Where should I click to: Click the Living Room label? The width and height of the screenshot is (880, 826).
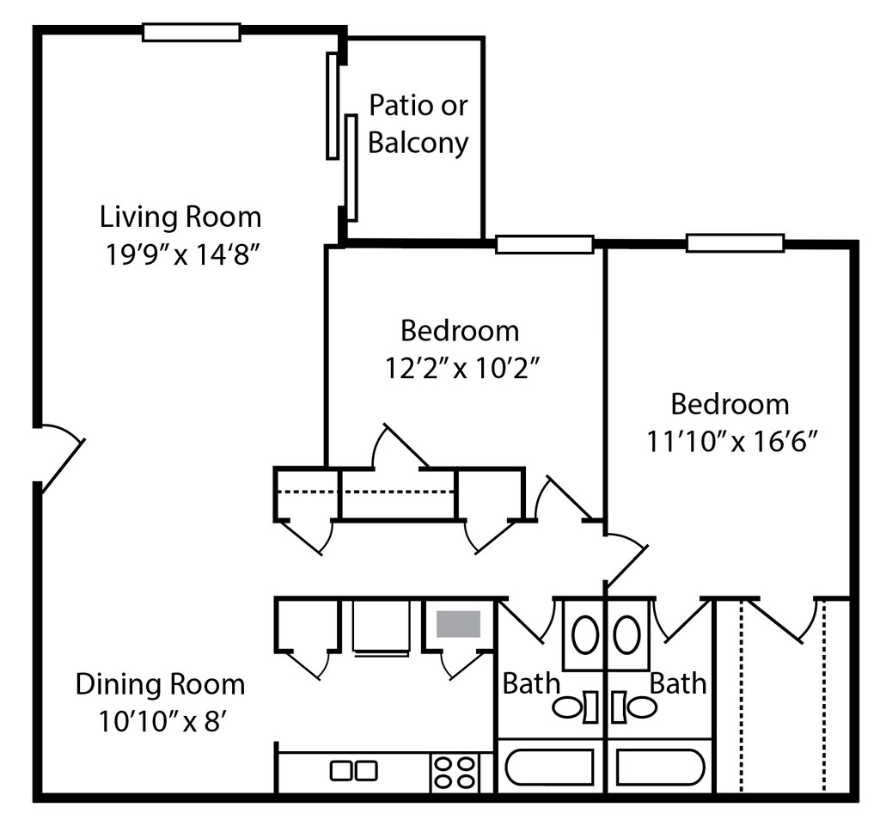click(x=180, y=217)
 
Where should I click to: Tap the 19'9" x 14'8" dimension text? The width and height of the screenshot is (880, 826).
click(x=182, y=255)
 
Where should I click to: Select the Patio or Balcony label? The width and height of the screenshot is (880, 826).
click(x=419, y=124)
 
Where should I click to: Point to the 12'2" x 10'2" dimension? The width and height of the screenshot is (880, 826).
click(x=461, y=369)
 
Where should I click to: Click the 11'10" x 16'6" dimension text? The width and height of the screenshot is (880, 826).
click(x=731, y=441)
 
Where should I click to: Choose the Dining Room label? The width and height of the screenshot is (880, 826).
click(x=160, y=684)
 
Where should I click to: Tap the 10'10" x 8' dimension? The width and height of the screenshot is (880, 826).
click(x=162, y=722)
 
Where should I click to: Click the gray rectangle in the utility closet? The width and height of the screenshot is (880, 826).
click(x=459, y=624)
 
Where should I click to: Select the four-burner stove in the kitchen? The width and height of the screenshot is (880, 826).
click(x=454, y=773)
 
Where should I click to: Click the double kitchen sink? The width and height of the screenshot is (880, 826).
click(x=353, y=770)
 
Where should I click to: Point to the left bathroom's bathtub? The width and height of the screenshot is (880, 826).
click(x=550, y=767)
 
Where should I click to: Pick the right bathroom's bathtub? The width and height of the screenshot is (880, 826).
click(x=660, y=767)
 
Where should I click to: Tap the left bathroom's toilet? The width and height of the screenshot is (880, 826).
click(x=575, y=707)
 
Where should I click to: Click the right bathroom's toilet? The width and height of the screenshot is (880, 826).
click(x=634, y=707)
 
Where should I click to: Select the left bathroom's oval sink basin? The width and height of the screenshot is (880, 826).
click(x=584, y=634)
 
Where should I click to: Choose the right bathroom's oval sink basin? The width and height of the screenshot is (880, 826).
click(x=626, y=634)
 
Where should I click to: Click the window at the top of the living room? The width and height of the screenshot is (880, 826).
click(x=192, y=32)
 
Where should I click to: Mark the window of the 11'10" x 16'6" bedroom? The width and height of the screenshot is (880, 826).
click(x=736, y=243)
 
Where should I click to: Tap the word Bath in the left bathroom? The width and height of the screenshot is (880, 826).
click(x=531, y=683)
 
